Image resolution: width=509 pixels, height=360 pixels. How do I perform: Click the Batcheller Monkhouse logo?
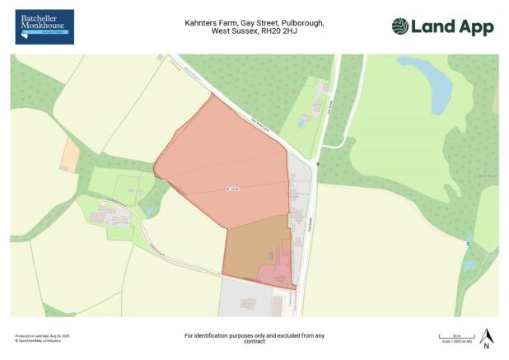[44, 26]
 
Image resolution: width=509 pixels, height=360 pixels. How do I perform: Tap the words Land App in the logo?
[452, 26]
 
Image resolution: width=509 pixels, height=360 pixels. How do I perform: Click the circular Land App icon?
[400, 26]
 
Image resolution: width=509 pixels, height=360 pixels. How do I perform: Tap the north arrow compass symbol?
[486, 338]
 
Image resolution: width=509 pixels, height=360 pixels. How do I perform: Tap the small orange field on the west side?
[71, 154]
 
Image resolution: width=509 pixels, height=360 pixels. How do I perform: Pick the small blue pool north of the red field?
[301, 121]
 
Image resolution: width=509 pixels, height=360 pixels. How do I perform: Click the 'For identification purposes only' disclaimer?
[254, 334]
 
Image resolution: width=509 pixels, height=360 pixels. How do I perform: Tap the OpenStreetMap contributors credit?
[36, 340]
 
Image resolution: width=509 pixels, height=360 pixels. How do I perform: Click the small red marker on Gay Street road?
[317, 163]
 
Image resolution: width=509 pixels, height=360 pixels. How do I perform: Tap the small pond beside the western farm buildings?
[148, 212]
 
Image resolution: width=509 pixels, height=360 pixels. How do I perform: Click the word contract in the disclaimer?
[254, 342]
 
